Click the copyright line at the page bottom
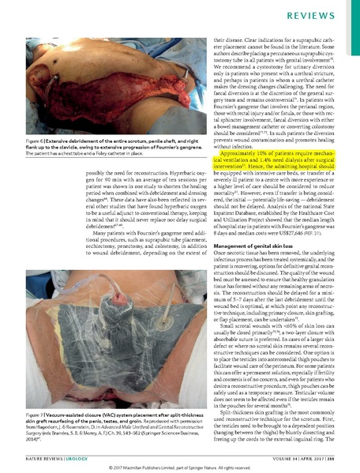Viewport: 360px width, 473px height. click(x=180, y=467)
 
